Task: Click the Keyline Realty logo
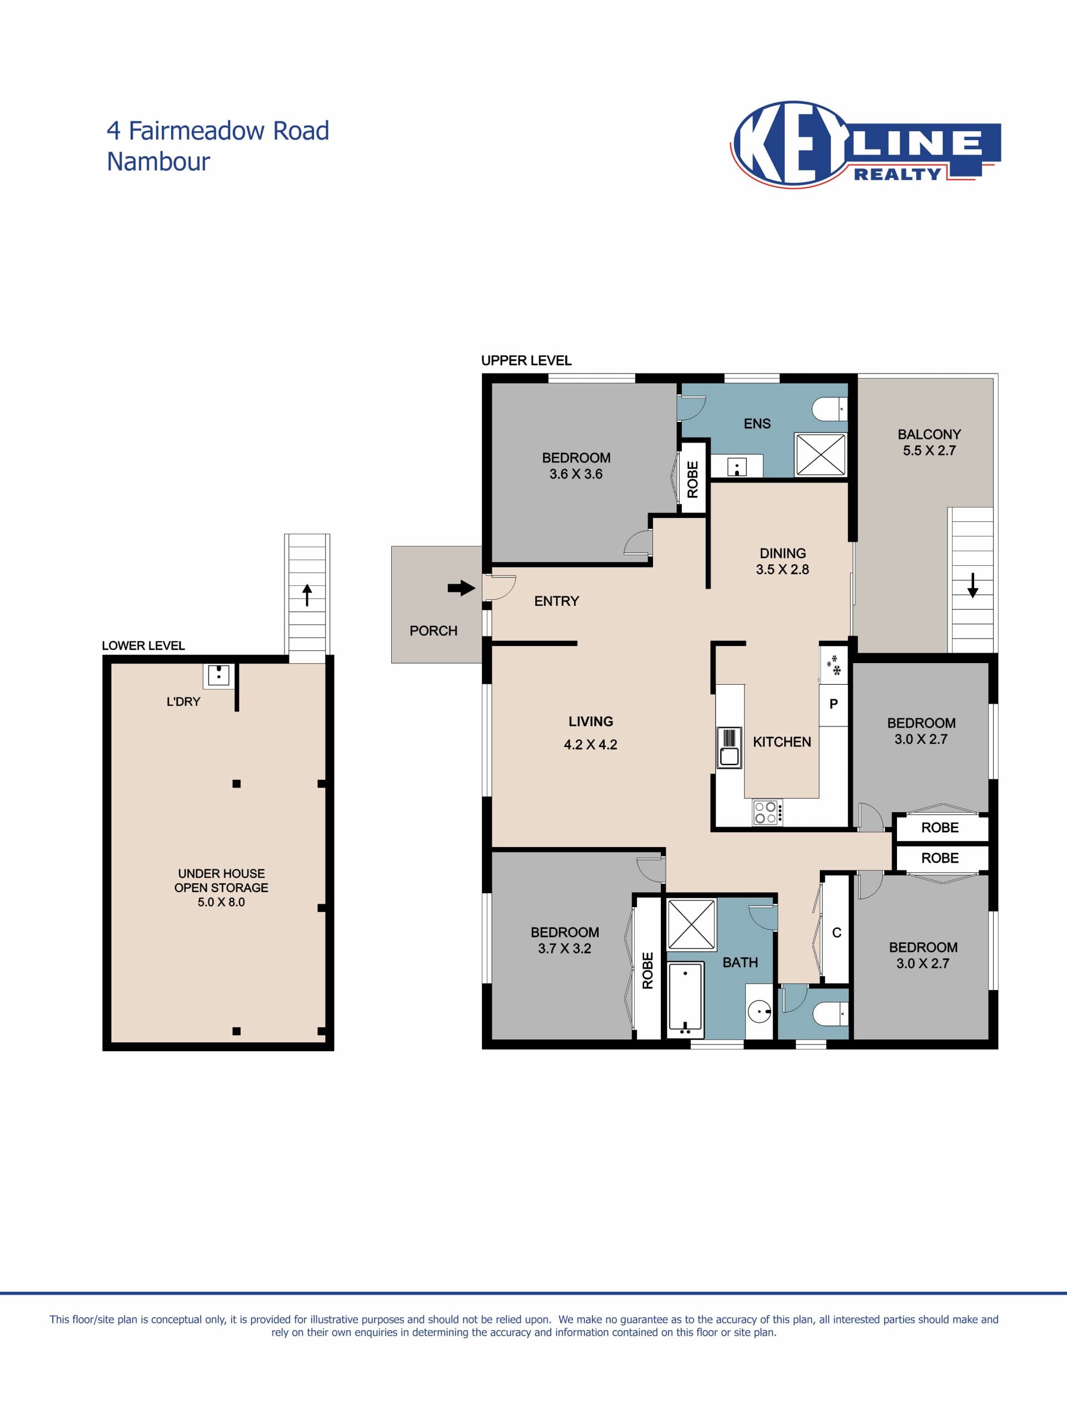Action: click(865, 144)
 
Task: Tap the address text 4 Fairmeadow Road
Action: click(217, 131)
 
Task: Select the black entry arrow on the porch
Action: click(461, 588)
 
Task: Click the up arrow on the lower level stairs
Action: click(307, 594)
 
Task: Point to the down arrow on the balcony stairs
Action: click(973, 585)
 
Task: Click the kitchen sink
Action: click(729, 748)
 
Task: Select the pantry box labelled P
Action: click(834, 704)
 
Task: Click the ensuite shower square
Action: click(821, 454)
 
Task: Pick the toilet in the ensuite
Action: click(830, 409)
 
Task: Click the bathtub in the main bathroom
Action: click(686, 999)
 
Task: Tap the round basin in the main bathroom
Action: click(760, 1012)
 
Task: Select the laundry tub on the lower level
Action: click(218, 675)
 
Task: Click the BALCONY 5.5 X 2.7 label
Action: click(929, 442)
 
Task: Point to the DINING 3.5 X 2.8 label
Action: click(782, 561)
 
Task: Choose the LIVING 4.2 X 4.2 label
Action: click(590, 733)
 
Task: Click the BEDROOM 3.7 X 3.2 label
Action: click(565, 940)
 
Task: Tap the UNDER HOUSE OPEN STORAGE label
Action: click(221, 888)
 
